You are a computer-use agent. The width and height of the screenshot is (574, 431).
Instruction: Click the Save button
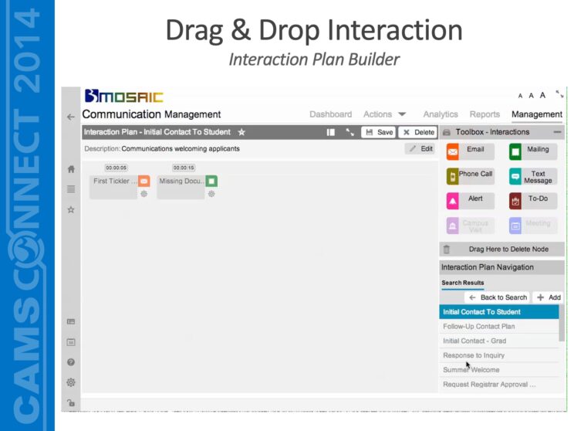pos(378,132)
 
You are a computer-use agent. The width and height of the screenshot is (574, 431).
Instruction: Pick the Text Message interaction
pos(532,177)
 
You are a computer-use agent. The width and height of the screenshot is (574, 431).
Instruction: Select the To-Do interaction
pos(532,200)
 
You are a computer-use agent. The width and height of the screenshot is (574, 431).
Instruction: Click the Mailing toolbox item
pos(532,151)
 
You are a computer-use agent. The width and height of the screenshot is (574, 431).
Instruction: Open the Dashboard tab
pos(330,114)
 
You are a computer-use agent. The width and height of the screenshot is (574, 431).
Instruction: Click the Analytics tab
pos(441,114)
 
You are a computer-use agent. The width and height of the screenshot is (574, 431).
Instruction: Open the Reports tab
pos(485,114)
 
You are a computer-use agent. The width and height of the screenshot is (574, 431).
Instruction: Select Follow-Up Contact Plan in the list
pos(479,326)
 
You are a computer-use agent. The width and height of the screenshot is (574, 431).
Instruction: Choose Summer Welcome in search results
pos(471,370)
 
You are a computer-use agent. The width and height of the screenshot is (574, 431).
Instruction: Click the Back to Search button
pos(498,297)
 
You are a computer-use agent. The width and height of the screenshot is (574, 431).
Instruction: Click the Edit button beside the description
pos(421,148)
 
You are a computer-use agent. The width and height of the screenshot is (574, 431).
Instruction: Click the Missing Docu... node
pos(182,182)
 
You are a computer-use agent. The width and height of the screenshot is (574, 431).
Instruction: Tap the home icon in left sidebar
pos(71,169)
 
